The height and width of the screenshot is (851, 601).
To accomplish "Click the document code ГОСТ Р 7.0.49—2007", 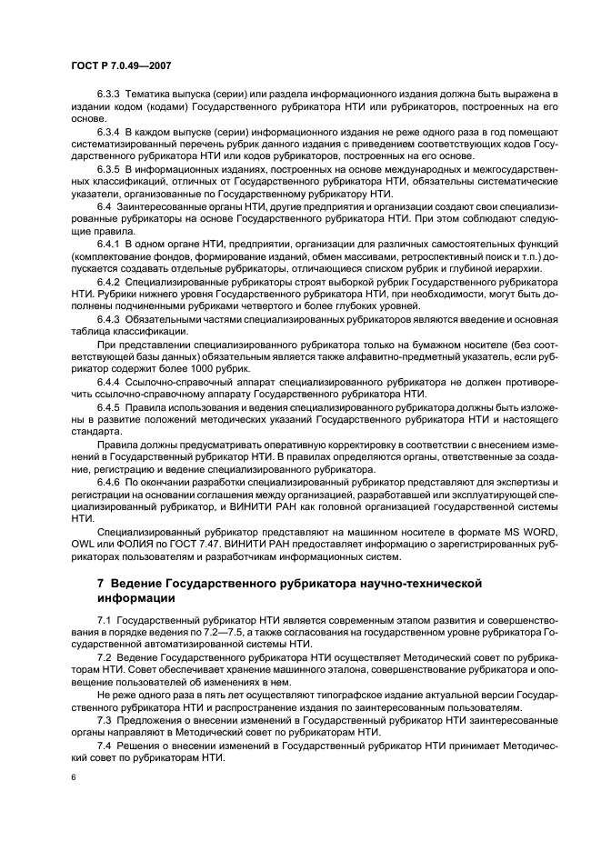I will point(119,65).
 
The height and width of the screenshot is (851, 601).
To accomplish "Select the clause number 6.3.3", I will point(109,95).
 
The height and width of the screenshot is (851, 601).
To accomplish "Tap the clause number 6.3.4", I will point(109,132).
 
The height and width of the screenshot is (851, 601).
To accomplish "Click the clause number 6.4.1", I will point(109,245).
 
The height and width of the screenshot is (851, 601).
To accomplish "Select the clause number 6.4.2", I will point(109,282).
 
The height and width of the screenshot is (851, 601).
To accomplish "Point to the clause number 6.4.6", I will point(109,480).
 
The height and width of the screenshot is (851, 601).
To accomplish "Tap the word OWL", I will point(83,543).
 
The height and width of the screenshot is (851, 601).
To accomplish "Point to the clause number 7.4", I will point(105,745).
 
